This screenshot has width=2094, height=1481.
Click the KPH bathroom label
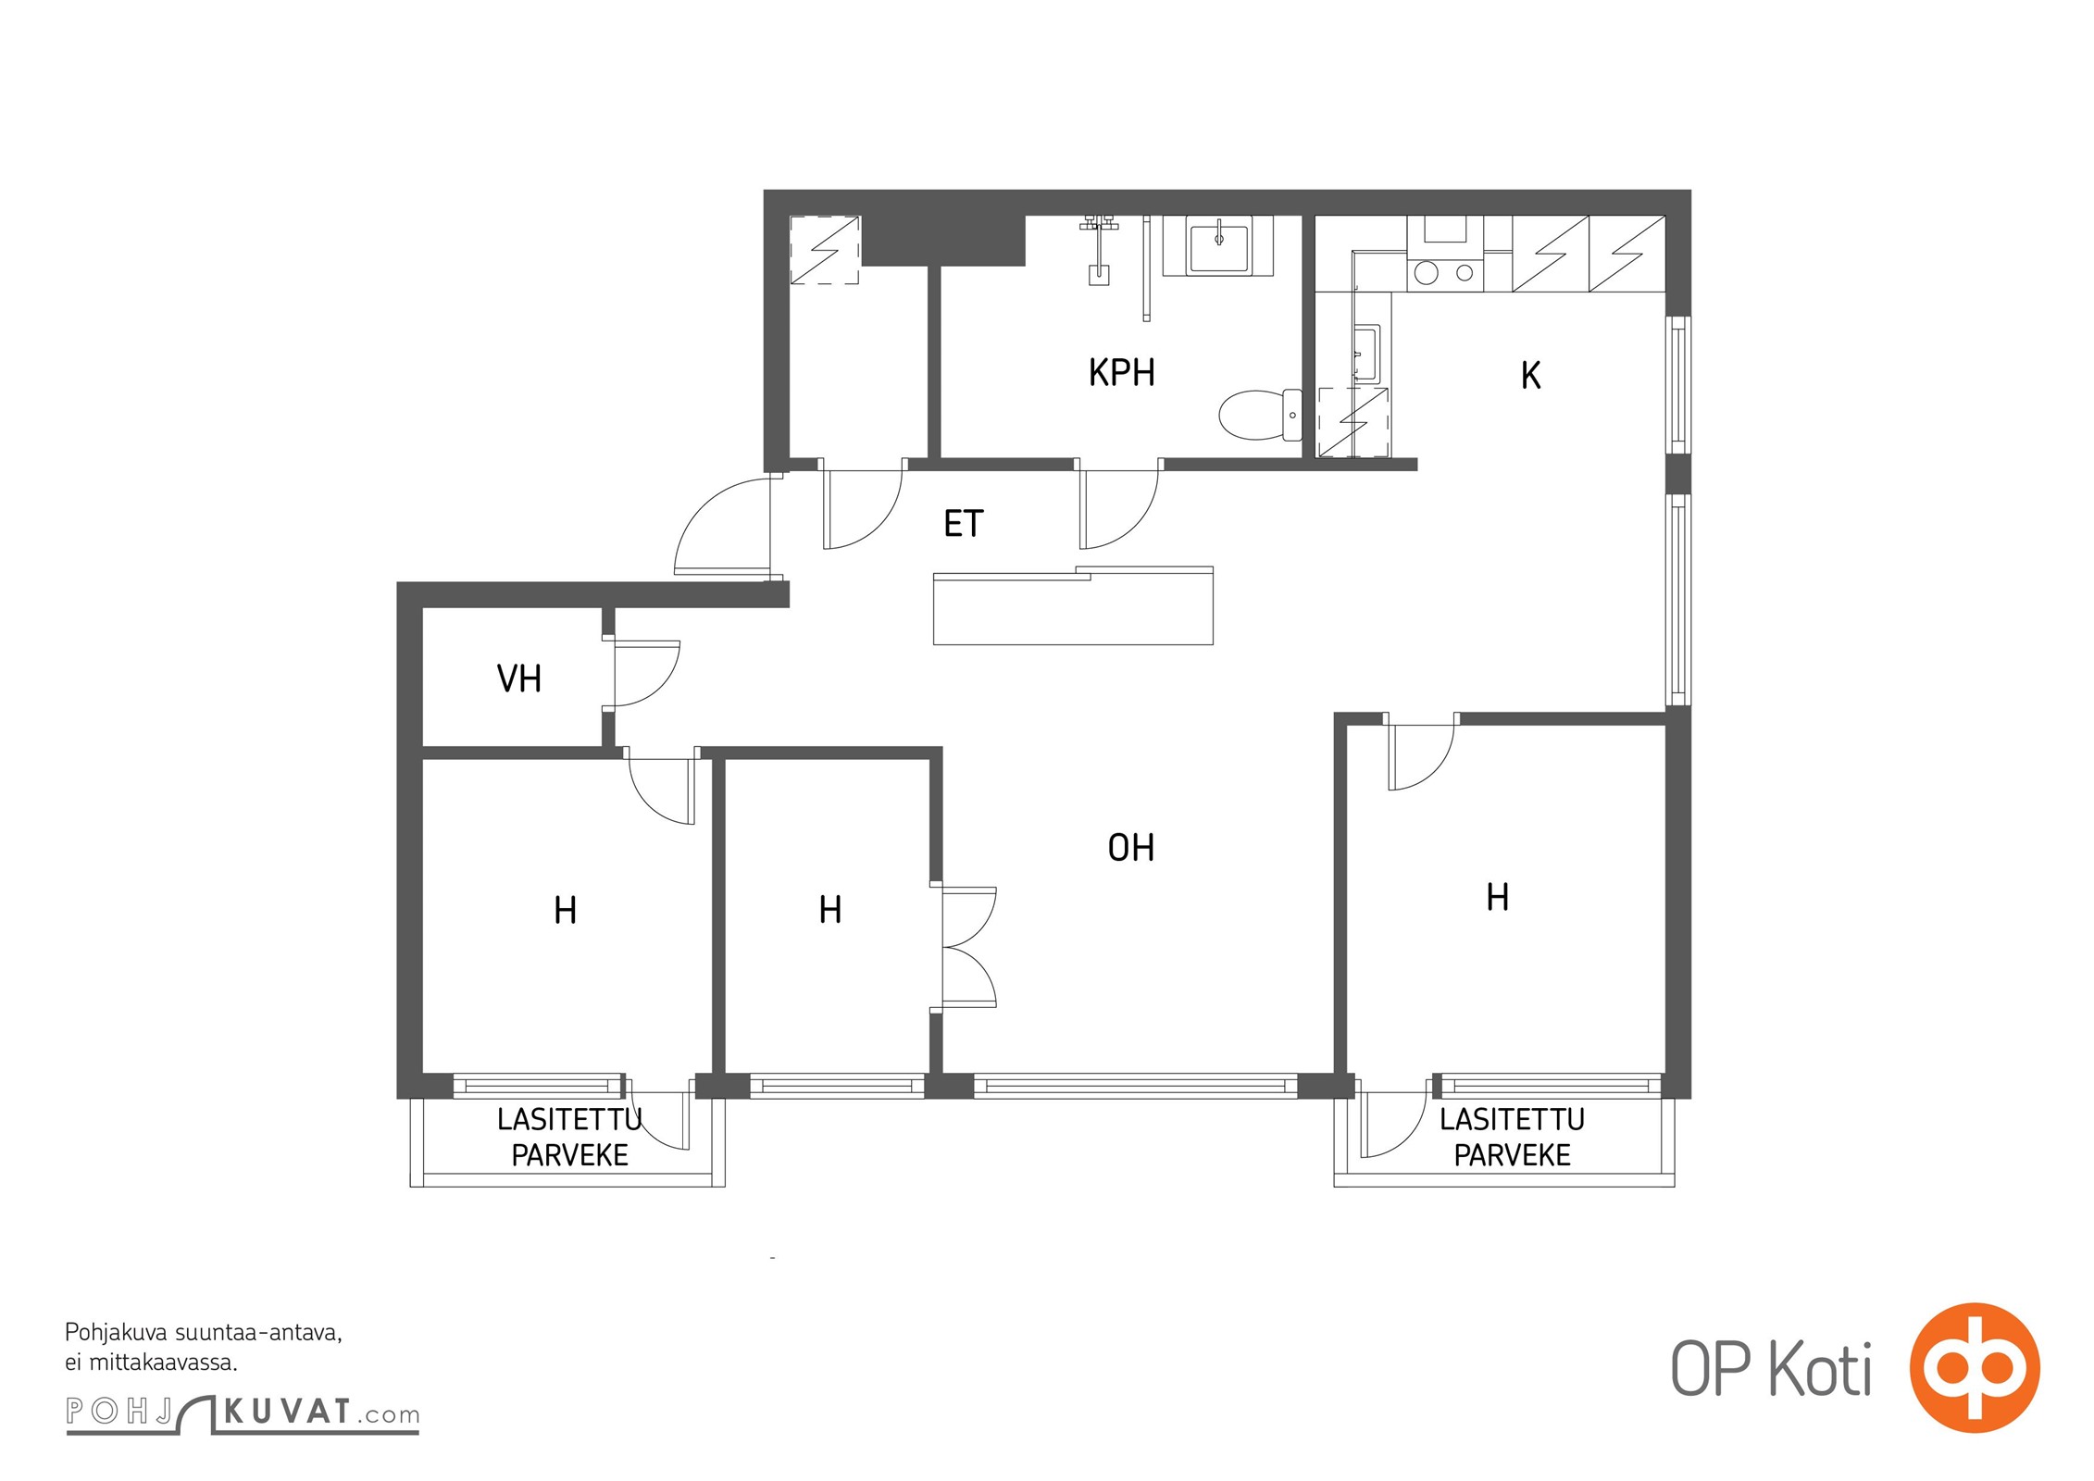point(1121,372)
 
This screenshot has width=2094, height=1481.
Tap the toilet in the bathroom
point(1260,415)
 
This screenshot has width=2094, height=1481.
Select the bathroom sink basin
point(1218,245)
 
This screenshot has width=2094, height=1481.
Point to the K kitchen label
point(1530,375)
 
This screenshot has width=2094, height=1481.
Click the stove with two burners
point(1445,273)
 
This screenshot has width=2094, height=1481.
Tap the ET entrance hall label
point(963,524)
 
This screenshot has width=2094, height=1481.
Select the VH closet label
point(518,678)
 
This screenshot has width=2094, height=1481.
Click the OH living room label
point(1130,847)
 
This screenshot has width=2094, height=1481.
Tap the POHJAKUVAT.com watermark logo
point(243,1413)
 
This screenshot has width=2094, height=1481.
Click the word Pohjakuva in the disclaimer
point(116,1333)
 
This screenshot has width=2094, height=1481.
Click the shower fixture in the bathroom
point(1099,251)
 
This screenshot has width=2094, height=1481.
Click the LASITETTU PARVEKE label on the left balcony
point(569,1137)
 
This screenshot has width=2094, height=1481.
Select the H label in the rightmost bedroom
point(1497,897)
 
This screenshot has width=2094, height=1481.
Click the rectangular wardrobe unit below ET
point(1073,605)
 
